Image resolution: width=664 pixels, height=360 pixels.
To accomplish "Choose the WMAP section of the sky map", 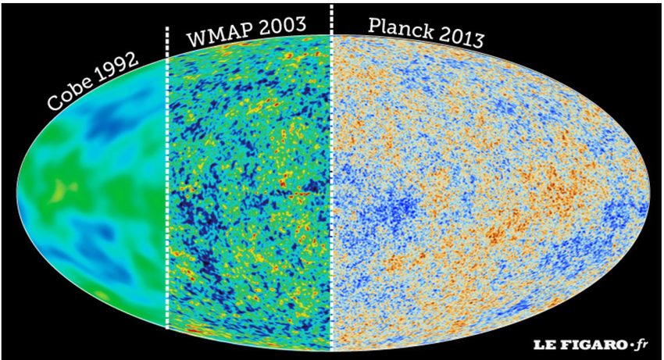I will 250,195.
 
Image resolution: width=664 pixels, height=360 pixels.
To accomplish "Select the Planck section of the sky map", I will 484,195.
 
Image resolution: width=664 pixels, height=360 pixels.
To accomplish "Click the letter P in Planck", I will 374,28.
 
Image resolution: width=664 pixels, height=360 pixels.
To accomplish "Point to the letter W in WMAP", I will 195,38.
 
